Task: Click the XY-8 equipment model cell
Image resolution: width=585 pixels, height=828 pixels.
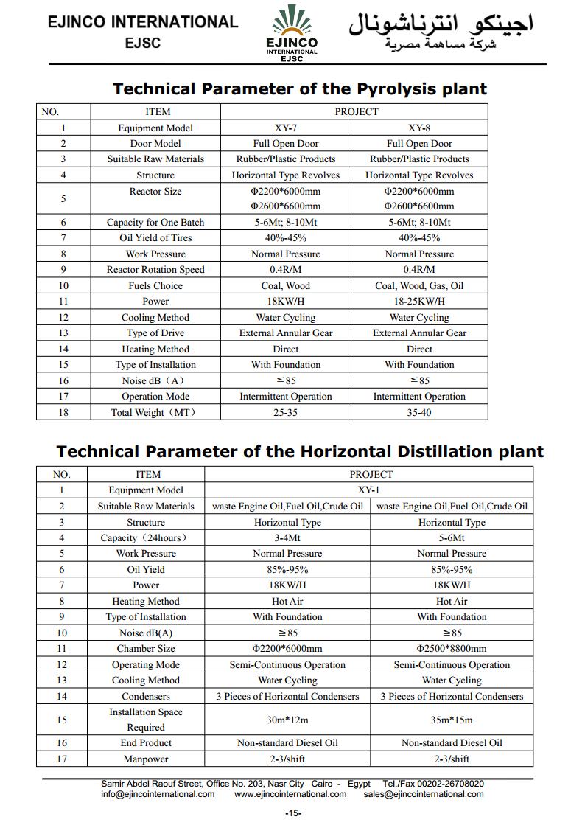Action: click(419, 128)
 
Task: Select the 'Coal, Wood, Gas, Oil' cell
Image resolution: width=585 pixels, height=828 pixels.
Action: click(419, 285)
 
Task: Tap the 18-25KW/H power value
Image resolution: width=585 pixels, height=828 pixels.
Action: click(419, 302)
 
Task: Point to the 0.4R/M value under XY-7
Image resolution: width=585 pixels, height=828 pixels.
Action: click(286, 270)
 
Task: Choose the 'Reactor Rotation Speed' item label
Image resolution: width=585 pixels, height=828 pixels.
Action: click(155, 270)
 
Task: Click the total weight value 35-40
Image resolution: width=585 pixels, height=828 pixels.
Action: click(419, 413)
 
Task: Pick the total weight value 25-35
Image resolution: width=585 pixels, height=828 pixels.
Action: click(286, 413)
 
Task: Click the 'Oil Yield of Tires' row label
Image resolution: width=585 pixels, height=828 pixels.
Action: click(155, 238)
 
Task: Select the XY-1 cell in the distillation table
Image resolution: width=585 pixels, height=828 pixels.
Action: click(370, 490)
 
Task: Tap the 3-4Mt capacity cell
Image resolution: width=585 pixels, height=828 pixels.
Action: click(287, 538)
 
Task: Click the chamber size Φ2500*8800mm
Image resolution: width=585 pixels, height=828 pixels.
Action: click(452, 649)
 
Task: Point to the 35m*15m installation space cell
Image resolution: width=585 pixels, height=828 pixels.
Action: click(452, 720)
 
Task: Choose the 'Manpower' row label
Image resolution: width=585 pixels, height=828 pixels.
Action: click(146, 759)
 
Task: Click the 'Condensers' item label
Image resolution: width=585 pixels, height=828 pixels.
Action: click(146, 697)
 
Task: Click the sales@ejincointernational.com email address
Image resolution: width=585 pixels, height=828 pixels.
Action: click(424, 794)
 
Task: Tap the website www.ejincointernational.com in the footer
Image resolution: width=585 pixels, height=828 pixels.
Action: click(290, 794)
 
